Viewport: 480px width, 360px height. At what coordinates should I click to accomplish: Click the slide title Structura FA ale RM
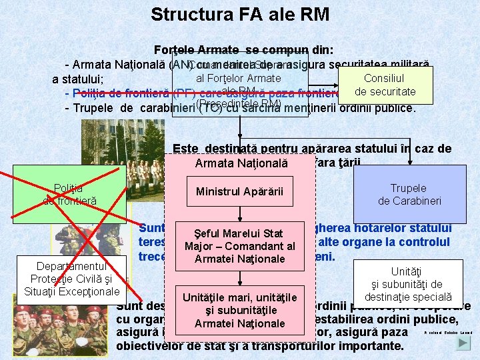[x=239, y=14]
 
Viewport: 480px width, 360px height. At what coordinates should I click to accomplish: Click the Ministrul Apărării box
[x=239, y=192]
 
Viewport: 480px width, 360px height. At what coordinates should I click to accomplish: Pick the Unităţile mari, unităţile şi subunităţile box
[x=239, y=310]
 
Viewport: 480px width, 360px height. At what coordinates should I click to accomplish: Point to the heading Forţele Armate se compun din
[x=243, y=51]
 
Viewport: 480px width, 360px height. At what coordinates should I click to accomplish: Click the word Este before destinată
[x=186, y=149]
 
